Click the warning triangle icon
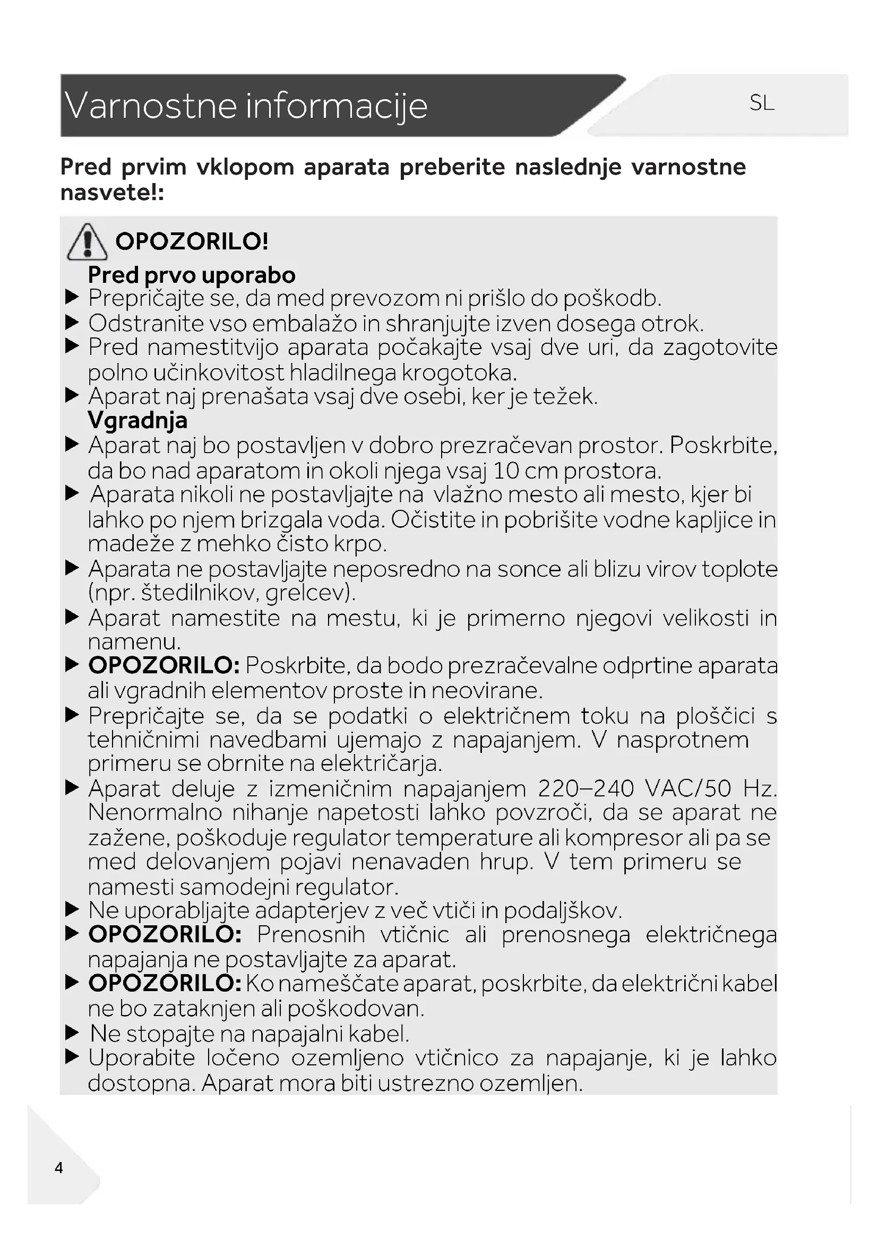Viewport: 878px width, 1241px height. [87, 241]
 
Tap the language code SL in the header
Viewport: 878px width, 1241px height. [762, 103]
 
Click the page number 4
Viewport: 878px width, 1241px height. [59, 1167]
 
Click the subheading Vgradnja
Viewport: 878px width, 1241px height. [137, 421]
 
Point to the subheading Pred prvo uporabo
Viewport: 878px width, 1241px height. [192, 275]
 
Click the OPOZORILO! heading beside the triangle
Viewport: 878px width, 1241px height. [192, 241]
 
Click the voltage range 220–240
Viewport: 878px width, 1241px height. [586, 788]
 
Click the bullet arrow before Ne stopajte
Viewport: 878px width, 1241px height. [72, 1034]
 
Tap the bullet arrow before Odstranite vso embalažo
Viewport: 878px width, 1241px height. [72, 323]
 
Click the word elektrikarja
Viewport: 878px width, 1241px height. [381, 763]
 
